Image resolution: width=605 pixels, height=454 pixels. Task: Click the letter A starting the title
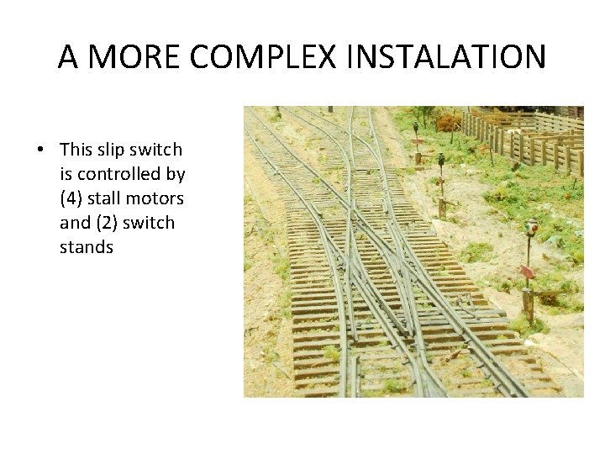click(69, 57)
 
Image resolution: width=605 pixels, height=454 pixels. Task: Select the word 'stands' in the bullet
click(86, 247)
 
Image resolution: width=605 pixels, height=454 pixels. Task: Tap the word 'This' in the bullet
click(77, 150)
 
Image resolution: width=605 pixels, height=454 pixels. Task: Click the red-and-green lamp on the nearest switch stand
click(531, 226)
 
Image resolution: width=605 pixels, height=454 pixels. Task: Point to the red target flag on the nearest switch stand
click(527, 272)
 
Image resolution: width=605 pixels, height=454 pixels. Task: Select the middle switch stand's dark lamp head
click(441, 158)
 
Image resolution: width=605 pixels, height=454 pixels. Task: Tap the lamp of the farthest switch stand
click(415, 127)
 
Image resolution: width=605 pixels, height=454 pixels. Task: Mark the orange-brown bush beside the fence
click(449, 123)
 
